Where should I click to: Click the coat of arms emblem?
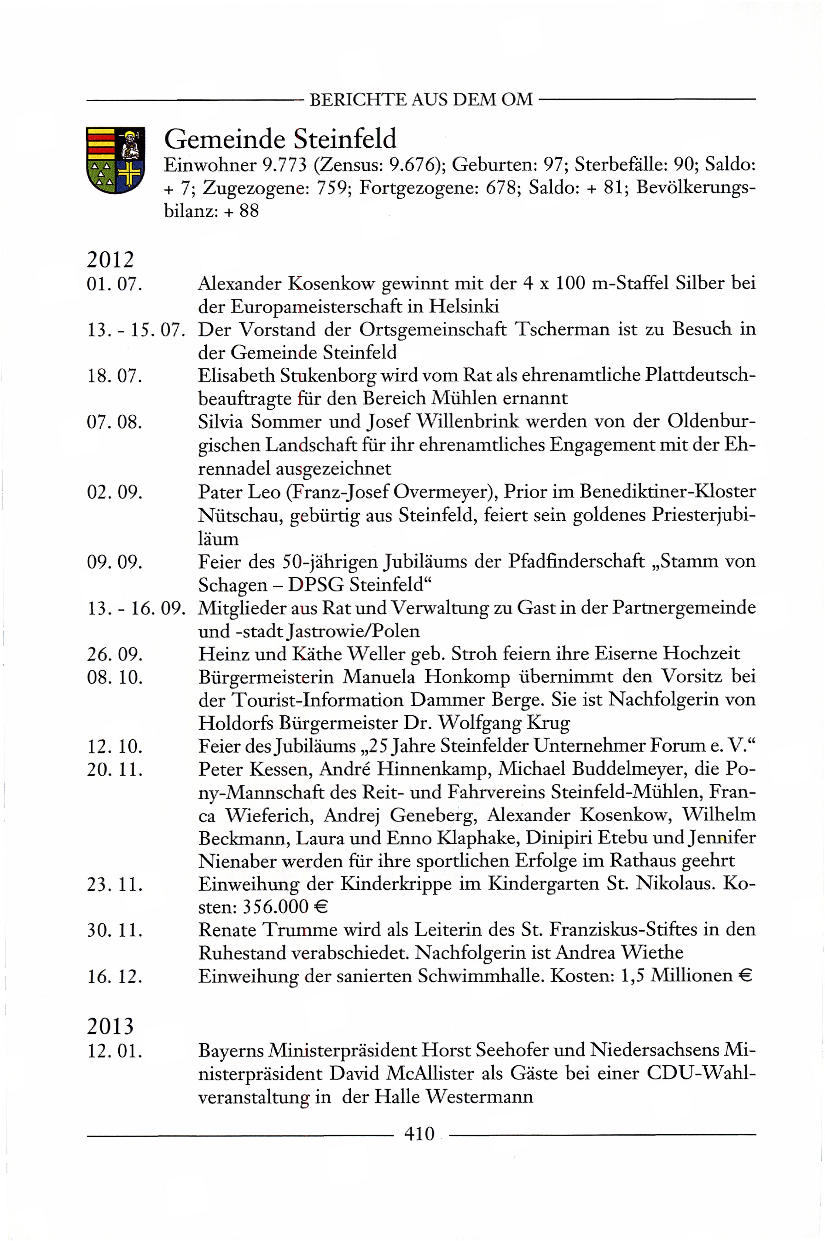[115, 160]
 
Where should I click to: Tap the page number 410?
[419, 1133]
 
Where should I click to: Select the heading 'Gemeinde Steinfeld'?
[280, 139]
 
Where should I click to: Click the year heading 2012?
[110, 259]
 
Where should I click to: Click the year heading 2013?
[110, 1026]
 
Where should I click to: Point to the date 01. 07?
[115, 284]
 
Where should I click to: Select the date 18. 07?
[115, 376]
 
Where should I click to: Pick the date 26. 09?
[115, 654]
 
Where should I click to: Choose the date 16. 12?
[115, 976]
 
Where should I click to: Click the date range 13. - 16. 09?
[136, 608]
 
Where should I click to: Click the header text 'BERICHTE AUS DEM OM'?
[421, 99]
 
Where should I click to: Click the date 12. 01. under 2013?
[115, 1051]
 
